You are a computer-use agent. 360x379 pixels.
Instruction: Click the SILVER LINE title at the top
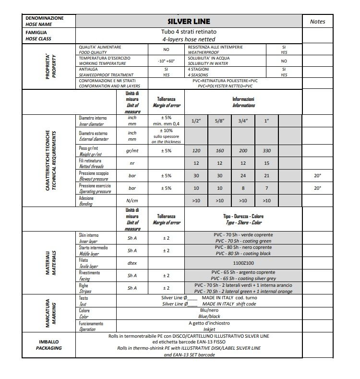point(189,22)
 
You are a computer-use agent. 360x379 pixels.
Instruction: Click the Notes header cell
point(317,22)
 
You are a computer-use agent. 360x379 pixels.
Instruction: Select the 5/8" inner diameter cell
point(220,121)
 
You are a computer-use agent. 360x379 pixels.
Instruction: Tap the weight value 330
point(266,151)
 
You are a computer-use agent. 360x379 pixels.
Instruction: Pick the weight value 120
point(196,151)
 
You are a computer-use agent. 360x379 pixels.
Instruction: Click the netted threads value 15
point(266,163)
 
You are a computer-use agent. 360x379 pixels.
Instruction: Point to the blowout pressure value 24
point(243,176)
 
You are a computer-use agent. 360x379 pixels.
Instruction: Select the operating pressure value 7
point(266,188)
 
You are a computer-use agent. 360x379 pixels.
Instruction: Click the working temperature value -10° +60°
point(166,61)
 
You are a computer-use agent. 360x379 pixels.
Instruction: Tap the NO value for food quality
point(166,49)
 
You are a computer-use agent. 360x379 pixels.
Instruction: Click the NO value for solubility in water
point(284,61)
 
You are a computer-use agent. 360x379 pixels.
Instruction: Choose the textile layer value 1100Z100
point(243,263)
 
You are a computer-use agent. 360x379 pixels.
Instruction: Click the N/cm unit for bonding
point(132,201)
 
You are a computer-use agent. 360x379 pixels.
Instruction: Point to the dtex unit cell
point(132,263)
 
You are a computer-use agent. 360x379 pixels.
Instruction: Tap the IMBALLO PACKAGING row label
point(49,345)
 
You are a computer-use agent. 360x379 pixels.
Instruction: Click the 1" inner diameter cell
point(266,121)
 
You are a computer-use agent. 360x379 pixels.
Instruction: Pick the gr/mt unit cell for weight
point(132,151)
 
